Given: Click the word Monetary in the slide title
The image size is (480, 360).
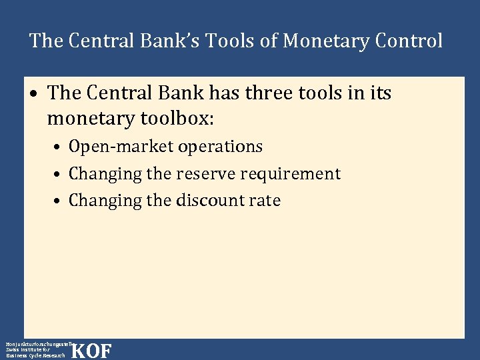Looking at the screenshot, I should coord(325,41).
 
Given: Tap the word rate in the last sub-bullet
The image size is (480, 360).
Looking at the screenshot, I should coord(265,201).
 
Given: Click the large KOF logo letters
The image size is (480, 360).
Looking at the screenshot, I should coord(91,351).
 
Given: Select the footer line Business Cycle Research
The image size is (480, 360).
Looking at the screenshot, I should coord(35,355).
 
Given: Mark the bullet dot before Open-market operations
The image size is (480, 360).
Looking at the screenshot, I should coord(59,147).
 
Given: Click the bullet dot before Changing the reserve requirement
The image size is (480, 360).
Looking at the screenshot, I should coord(59,175).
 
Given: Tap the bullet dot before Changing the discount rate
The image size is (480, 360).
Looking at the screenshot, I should coord(59,201).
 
